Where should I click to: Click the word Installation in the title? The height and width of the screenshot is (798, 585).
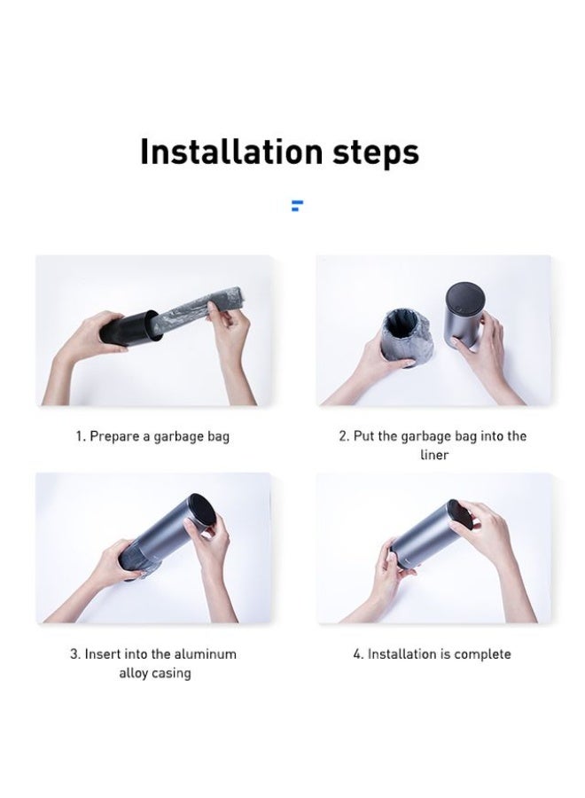(x=231, y=151)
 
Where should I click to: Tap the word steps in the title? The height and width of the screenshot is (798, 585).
(x=376, y=153)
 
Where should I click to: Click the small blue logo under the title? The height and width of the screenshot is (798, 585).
(x=297, y=206)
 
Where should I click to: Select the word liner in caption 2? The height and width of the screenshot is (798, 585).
(x=434, y=455)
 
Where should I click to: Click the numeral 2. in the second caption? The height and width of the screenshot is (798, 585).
(x=344, y=436)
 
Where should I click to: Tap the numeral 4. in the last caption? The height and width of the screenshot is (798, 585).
(x=358, y=654)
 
